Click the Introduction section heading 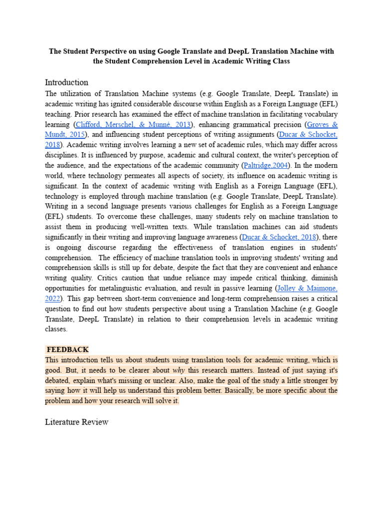click(x=66, y=82)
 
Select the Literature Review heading click(x=76, y=422)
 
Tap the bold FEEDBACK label click(x=67, y=349)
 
